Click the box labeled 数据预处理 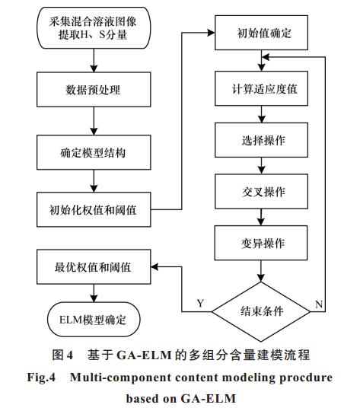click(94, 89)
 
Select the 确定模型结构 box click(94, 152)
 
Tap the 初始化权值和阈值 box click(94, 209)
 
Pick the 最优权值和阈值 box click(94, 267)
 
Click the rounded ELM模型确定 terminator click(94, 320)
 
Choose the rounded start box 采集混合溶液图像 click(94, 28)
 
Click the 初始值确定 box click(261, 33)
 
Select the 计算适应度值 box click(261, 88)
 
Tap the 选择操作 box click(261, 140)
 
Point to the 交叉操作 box click(261, 191)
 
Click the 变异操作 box click(261, 243)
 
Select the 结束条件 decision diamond click(261, 311)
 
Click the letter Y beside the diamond click(200, 303)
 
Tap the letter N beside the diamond click(319, 304)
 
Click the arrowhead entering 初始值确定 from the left click(211, 33)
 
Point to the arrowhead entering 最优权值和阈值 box click(155, 267)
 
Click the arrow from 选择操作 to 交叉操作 click(261, 166)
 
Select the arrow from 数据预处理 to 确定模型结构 click(94, 121)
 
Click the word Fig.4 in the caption click(41, 378)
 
